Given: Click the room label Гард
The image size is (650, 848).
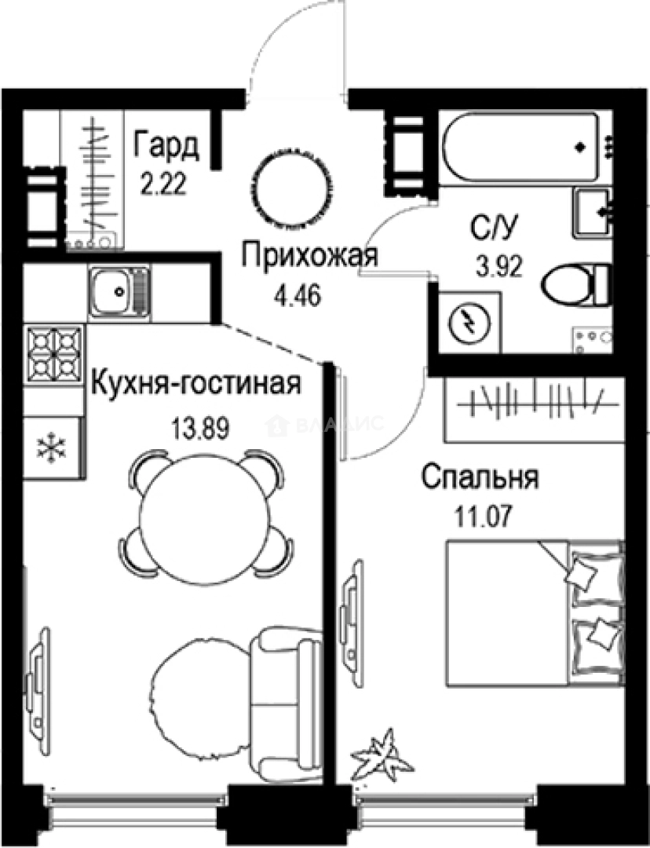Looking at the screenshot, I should pos(166,147).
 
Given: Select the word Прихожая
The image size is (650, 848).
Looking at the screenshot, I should pos(310,256).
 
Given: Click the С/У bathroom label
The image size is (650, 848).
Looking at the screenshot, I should pos(491,230).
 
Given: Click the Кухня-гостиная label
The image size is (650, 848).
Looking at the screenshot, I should pos(195,385).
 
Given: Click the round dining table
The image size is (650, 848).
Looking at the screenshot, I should pos(206,517).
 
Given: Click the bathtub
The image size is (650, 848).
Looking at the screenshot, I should pos(522,147).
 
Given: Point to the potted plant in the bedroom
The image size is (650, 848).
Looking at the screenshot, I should pos(382,753).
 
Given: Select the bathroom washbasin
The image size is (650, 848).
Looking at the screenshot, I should pos(593,212).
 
